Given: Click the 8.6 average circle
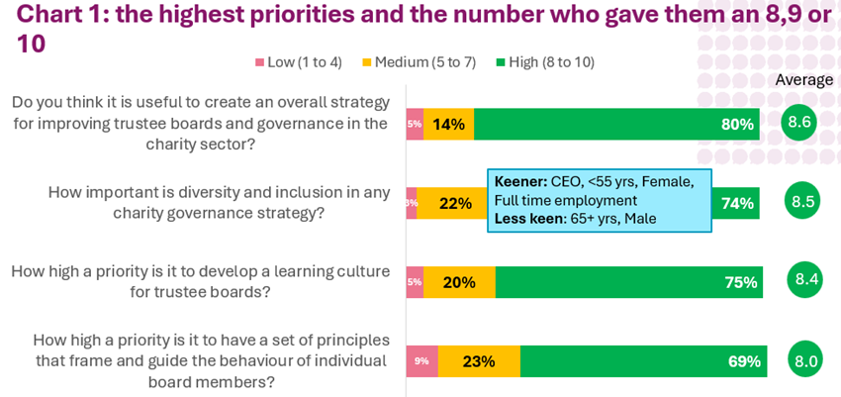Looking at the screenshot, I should tap(798, 123).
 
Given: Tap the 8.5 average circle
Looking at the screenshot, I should tap(802, 201).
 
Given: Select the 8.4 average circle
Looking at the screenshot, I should tap(804, 279).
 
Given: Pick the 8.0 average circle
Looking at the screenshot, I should tap(805, 360).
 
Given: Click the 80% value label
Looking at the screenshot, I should tap(737, 124).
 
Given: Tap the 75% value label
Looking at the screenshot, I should tap(741, 282).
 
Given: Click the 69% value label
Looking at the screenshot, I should tap(744, 361).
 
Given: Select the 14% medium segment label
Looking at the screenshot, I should tap(448, 124).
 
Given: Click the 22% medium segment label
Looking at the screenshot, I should tap(455, 203).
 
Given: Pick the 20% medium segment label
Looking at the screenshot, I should tap(459, 282).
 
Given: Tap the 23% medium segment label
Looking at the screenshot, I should tap(479, 361).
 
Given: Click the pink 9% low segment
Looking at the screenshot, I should tap(421, 361).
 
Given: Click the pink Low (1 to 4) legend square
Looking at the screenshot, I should tap(260, 62).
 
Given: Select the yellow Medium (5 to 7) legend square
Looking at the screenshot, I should tap(367, 62).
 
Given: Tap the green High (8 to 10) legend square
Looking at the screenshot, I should tap(501, 62).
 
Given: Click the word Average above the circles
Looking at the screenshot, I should tap(803, 80).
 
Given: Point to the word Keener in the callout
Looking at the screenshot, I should tap(520, 181).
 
